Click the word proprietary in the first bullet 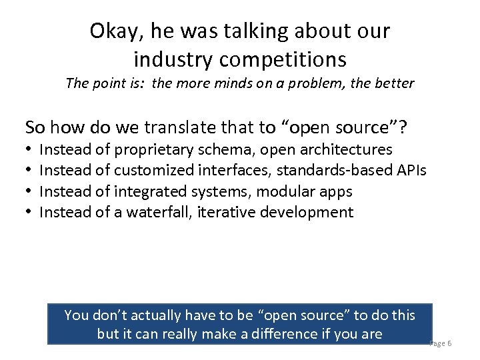pyautogui.click(x=155, y=149)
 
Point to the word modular pyautogui.click(x=283, y=191)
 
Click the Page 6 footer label pyautogui.click(x=441, y=343)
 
